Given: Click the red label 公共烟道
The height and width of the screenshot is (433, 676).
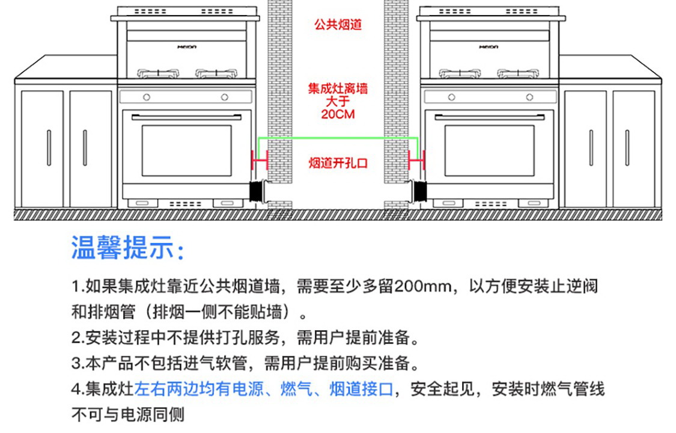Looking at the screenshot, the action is point(338,24).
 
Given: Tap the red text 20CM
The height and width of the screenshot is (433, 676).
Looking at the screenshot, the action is point(338,114).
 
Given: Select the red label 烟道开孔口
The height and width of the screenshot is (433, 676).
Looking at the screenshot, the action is point(338,163).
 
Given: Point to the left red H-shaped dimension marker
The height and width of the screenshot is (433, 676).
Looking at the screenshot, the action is point(260,160).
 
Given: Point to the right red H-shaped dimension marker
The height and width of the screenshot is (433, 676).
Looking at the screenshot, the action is point(416,160).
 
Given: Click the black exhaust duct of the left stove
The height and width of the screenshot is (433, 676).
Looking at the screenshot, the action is point(258,191).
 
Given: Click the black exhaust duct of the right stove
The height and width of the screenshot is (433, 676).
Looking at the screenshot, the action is point(418,191).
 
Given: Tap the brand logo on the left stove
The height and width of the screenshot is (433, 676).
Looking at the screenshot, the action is point(187,46).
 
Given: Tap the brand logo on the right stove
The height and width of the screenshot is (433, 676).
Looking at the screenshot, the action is point(489,46).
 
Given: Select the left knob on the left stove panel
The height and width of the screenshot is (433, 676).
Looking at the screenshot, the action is point(147,97).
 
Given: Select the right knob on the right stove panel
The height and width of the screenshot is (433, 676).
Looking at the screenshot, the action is point(529,97).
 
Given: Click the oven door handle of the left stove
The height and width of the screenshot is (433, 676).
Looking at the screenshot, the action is point(186,117).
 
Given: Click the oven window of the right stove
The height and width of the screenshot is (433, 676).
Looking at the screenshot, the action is point(489,150).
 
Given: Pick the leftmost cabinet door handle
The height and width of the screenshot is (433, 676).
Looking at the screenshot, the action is point(49,147).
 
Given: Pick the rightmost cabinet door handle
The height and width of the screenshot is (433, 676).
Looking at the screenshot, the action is point(627,147).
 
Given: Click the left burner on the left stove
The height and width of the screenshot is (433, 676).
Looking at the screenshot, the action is point(158,73).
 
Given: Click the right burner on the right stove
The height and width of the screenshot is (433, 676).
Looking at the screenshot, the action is point(518,73).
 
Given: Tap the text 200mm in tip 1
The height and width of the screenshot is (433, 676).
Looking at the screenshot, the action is point(422,286).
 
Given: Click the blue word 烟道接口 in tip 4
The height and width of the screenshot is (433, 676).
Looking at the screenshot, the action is point(361,389).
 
